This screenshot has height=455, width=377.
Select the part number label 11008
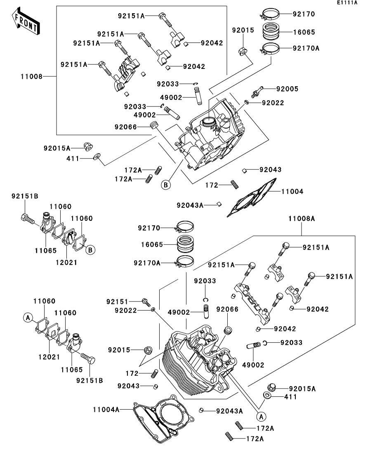pyautogui.click(x=31, y=76)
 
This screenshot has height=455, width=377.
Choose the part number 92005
pyautogui.click(x=287, y=89)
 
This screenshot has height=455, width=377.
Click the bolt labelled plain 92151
pyautogui.click(x=146, y=302)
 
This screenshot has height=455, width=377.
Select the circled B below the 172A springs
pyautogui.click(x=165, y=185)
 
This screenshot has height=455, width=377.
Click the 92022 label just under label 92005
pyautogui.click(x=272, y=103)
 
